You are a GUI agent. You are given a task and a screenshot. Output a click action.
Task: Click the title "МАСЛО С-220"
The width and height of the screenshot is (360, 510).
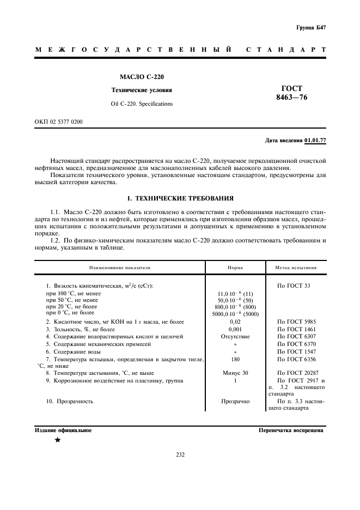tap(138, 77)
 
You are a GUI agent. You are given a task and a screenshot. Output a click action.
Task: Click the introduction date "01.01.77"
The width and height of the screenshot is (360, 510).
tap(315, 141)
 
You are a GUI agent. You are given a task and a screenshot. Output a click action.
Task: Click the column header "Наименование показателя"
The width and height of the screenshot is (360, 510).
tap(120, 268)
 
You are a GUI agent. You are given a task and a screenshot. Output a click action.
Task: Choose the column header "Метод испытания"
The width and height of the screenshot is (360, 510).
tap(296, 268)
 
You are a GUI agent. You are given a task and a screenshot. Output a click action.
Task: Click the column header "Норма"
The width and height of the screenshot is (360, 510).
tap(235, 268)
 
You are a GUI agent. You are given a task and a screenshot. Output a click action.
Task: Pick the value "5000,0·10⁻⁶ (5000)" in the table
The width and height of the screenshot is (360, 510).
tap(235, 313)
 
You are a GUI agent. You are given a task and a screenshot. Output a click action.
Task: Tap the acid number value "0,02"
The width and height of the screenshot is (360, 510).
tap(235, 321)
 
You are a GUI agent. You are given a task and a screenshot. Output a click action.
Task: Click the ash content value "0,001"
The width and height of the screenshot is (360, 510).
tap(235, 329)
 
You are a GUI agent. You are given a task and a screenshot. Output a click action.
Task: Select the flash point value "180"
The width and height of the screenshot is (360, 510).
tap(235, 360)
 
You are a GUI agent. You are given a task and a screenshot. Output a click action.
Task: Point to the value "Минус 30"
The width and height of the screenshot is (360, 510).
tap(235, 372)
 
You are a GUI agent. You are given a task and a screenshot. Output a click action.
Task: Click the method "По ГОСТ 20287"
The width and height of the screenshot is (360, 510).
tap(297, 372)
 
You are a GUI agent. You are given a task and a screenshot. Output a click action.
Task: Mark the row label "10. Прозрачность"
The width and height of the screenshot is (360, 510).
tap(70, 401)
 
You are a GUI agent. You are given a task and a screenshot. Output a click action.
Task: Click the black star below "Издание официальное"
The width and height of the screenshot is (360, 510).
tap(57, 440)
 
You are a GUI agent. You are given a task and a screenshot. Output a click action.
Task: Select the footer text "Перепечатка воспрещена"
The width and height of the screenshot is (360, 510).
tap(291, 430)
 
